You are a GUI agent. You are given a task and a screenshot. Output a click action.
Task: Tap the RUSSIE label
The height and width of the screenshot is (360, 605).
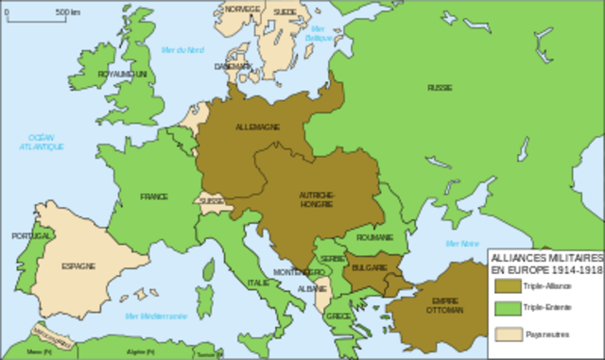(x=439, y=87)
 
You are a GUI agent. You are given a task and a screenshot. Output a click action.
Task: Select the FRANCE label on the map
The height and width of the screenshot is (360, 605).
(x=154, y=197)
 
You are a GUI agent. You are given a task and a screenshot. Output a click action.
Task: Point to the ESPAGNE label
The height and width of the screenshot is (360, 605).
(x=78, y=266)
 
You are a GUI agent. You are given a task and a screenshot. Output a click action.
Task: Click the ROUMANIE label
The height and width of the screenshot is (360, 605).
(x=374, y=238)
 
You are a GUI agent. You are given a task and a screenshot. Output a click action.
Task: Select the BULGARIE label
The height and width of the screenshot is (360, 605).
(x=372, y=267)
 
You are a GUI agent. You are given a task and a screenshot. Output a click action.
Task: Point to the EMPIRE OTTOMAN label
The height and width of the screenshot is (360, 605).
(x=445, y=305)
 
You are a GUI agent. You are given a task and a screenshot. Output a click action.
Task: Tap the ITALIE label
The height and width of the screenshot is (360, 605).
(x=257, y=282)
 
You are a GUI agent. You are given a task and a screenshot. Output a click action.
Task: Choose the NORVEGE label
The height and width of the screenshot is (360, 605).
(x=242, y=9)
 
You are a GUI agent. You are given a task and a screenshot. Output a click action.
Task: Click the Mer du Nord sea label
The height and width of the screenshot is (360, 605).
(x=182, y=50)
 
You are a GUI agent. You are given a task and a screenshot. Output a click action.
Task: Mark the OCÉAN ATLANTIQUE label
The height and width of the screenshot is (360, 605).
(x=44, y=143)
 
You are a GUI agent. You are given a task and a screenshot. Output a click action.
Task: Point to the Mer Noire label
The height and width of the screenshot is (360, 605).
(x=462, y=243)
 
